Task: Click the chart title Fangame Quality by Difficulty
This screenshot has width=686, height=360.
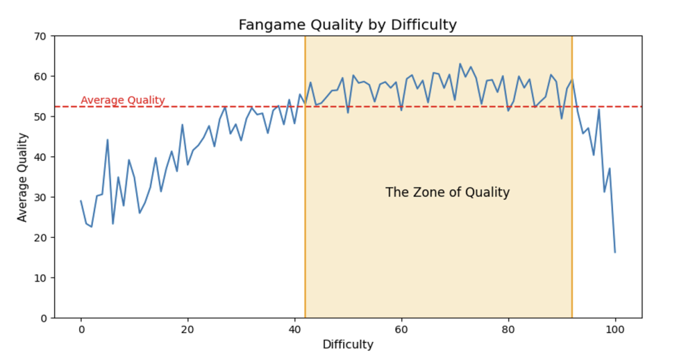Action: coord(347,25)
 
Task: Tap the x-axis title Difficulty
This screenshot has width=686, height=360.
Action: coord(348,345)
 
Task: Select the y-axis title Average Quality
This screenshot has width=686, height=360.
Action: coord(23,177)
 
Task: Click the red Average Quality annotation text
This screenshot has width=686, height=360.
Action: coord(123,101)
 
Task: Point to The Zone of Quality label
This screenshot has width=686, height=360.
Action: coord(448,192)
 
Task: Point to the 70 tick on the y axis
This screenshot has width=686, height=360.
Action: coord(41,36)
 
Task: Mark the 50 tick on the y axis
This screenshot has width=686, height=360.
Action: coord(41,117)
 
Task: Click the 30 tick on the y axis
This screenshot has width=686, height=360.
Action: coord(41,197)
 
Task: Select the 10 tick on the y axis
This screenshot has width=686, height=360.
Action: coord(41,278)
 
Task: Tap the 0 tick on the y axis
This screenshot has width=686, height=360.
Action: coord(44,318)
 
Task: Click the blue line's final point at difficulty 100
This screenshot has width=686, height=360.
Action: coord(615,252)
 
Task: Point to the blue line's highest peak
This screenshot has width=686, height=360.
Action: coord(460,64)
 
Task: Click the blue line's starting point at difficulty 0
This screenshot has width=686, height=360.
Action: coord(81,201)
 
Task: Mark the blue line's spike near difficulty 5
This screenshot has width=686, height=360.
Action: coord(108,139)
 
